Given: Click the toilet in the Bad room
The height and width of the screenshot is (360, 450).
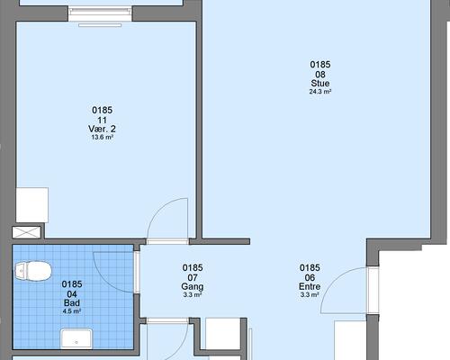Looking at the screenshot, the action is (33, 271).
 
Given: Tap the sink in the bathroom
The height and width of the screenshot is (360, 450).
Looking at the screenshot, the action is (76, 338).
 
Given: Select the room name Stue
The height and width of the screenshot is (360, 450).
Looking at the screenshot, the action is (320, 83).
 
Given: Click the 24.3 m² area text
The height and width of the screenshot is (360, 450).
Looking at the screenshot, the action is (320, 92).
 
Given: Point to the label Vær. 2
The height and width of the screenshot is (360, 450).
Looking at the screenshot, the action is (102, 129).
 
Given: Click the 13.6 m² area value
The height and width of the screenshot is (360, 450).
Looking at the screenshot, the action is (102, 138).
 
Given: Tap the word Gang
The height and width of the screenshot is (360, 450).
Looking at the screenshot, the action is (193, 287).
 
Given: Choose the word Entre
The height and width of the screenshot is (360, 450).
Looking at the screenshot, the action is (310, 286).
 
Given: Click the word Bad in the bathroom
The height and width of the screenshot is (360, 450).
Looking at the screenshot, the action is (72, 303).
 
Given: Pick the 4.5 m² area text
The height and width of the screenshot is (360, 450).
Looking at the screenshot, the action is (72, 311).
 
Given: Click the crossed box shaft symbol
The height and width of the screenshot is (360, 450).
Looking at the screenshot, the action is (26, 232).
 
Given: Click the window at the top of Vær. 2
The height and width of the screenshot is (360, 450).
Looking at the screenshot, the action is (100, 14).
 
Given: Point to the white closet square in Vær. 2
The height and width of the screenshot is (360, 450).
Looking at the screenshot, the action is (32, 205).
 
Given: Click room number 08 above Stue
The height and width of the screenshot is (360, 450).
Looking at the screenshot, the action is (320, 75).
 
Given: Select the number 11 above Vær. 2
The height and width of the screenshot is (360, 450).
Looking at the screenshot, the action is (102, 121).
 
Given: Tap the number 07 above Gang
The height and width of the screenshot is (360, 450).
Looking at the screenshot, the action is (193, 277).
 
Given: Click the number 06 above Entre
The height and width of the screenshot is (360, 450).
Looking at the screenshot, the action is (310, 277).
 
